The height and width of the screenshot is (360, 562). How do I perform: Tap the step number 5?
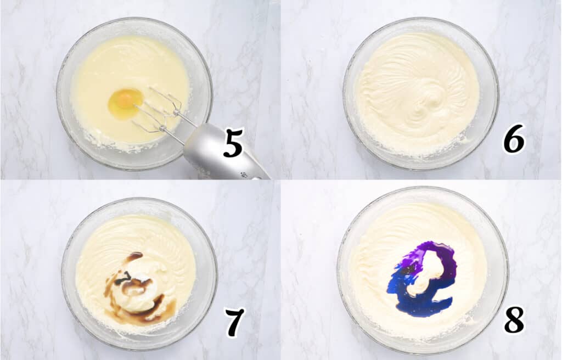click(233, 144)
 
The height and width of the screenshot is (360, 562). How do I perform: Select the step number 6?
click(514, 138)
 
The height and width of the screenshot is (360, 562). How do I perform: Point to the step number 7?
click(234, 323)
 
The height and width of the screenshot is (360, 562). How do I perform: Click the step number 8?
click(514, 320)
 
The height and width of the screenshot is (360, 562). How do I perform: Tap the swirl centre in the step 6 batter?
click(434, 102)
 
